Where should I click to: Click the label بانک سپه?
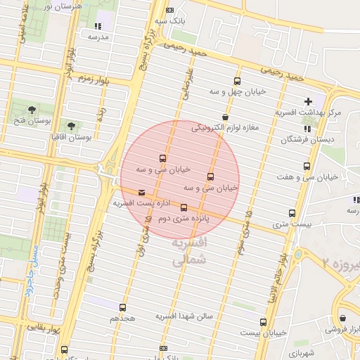click(170, 21)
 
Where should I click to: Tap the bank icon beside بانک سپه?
click(169, 10)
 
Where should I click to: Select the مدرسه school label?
click(96, 36)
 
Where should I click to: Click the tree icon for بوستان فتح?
click(32, 109)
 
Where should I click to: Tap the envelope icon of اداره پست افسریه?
click(142, 192)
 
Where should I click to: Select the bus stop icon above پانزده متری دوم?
click(184, 207)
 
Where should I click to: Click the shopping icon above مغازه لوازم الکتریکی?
click(225, 117)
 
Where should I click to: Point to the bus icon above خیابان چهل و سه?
click(236, 81)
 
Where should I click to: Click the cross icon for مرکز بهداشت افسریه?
click(308, 102)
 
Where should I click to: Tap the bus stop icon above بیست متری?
click(292, 213)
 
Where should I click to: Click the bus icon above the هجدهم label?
click(123, 307)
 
